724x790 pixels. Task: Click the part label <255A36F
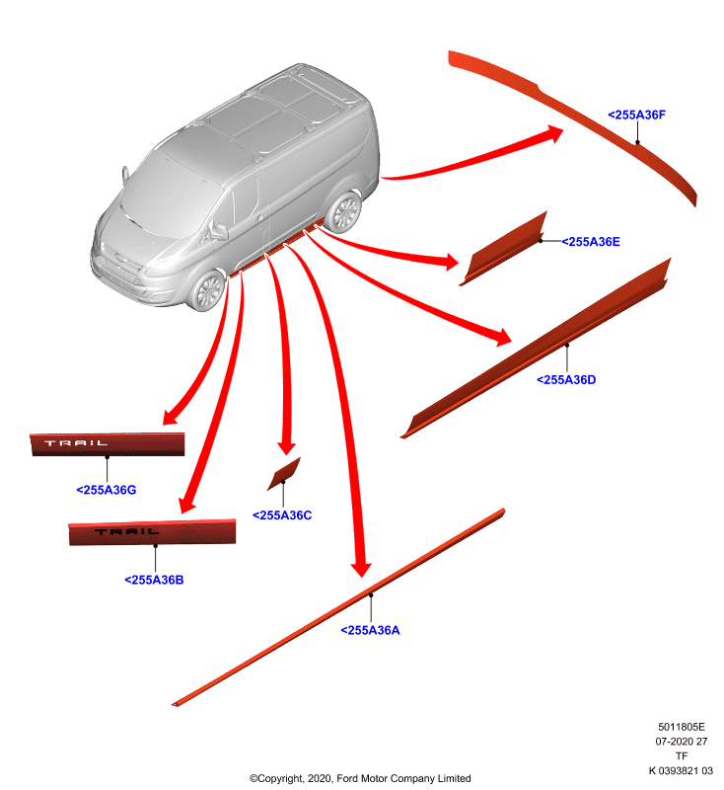tap(636, 115)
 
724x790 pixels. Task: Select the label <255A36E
tap(591, 242)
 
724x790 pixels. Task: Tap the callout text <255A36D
tap(566, 380)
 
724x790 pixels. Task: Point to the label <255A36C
tap(282, 515)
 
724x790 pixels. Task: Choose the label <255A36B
tap(154, 580)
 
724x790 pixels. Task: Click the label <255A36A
tap(370, 630)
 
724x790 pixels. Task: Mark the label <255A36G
tap(107, 490)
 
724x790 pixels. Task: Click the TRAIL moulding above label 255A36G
tap(108, 444)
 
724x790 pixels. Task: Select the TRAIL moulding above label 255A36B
tap(152, 532)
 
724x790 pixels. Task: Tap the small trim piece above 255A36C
tap(284, 474)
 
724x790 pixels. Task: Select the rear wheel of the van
tap(344, 211)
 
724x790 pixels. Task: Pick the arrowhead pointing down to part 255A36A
tap(361, 569)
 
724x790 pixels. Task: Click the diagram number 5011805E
tap(682, 727)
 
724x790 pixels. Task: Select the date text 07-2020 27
tap(682, 742)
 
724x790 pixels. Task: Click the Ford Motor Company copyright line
tap(360, 778)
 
